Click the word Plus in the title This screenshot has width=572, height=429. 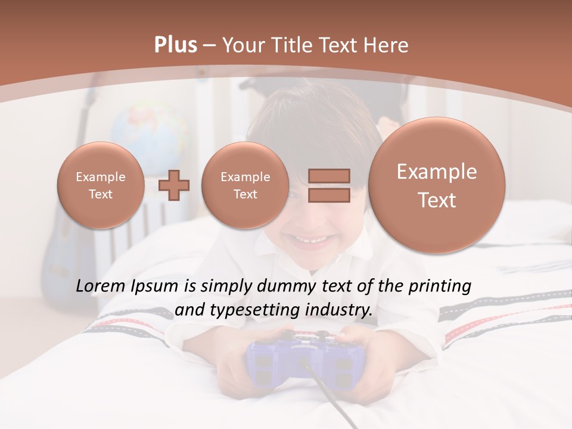(x=175, y=45)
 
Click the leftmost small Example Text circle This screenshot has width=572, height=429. (x=100, y=185)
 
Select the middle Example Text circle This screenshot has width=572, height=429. (x=245, y=185)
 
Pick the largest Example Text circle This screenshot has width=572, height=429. (x=437, y=185)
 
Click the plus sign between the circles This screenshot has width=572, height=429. (x=173, y=185)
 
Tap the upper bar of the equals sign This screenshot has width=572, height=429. (x=329, y=176)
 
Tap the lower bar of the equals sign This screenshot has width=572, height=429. (x=329, y=195)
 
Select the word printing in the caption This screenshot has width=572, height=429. (x=440, y=287)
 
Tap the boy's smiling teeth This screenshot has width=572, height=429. (x=312, y=241)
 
